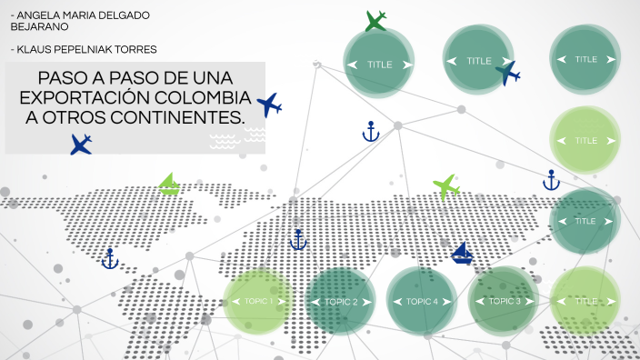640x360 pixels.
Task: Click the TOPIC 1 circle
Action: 259,301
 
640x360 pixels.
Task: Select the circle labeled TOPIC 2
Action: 341,301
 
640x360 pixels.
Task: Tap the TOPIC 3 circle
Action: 505,301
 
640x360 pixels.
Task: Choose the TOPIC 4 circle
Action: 422,301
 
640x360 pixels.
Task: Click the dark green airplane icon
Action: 375,21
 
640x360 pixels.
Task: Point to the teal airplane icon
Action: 507,73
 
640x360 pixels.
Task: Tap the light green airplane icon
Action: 446,186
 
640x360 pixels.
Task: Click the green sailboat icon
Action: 169,185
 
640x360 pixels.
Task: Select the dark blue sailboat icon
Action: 463,254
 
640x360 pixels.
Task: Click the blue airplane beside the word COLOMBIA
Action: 269,105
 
